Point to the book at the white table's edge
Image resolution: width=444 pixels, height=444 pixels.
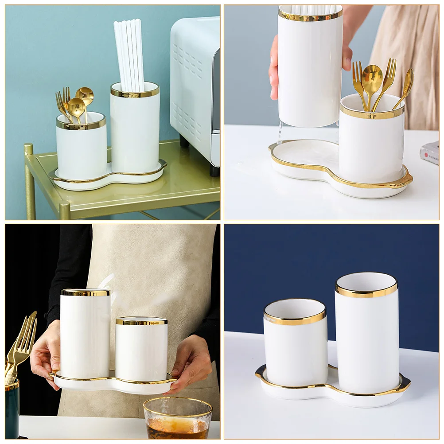[x=430, y=153]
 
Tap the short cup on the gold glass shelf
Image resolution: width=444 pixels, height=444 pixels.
[x=81, y=151]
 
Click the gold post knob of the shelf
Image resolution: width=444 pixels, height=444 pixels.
[x=28, y=149]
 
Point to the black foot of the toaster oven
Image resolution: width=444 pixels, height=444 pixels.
[x=214, y=171]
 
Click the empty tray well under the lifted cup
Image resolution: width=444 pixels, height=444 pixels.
[x=306, y=155]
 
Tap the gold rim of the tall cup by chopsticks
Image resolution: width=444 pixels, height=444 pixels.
[x=135, y=93]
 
